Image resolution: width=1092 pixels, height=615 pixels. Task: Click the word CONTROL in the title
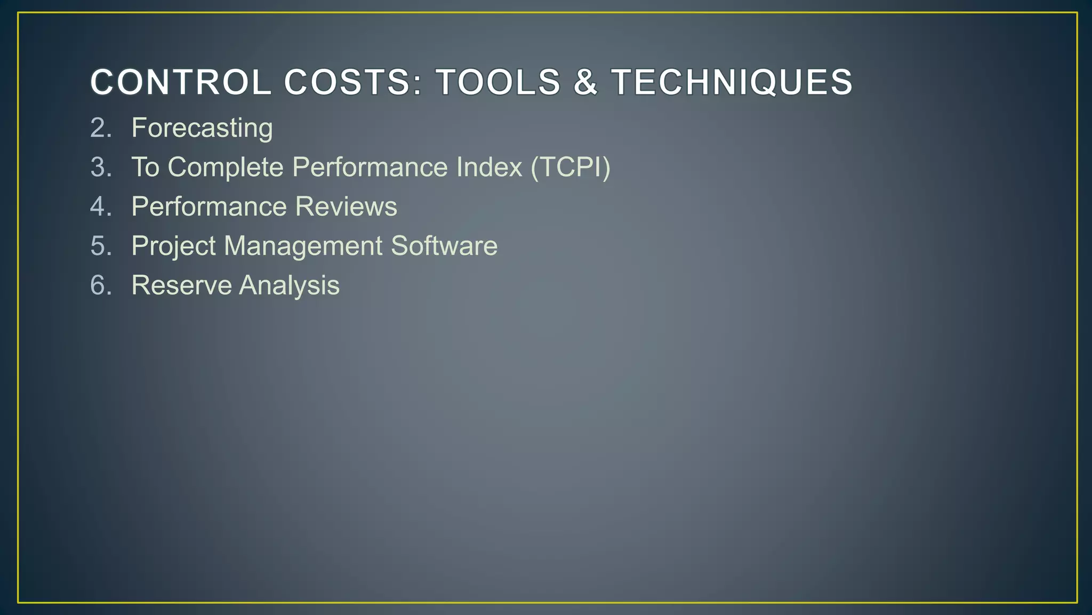point(181,83)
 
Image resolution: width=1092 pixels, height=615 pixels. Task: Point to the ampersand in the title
point(585,83)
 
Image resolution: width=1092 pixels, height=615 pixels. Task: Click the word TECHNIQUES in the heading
point(732,83)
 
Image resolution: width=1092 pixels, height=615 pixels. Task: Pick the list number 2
point(101,128)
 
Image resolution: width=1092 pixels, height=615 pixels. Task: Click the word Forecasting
point(202,128)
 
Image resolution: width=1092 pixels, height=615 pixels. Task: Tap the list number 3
point(101,167)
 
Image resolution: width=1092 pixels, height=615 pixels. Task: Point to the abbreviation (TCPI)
point(570,167)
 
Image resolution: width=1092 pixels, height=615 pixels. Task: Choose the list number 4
point(101,207)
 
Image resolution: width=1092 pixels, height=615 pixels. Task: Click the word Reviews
point(346,207)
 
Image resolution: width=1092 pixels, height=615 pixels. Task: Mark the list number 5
point(101,246)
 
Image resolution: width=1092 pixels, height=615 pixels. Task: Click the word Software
point(444,246)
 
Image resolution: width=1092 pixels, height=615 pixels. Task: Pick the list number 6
point(101,285)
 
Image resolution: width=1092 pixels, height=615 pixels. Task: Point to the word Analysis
point(289,285)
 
